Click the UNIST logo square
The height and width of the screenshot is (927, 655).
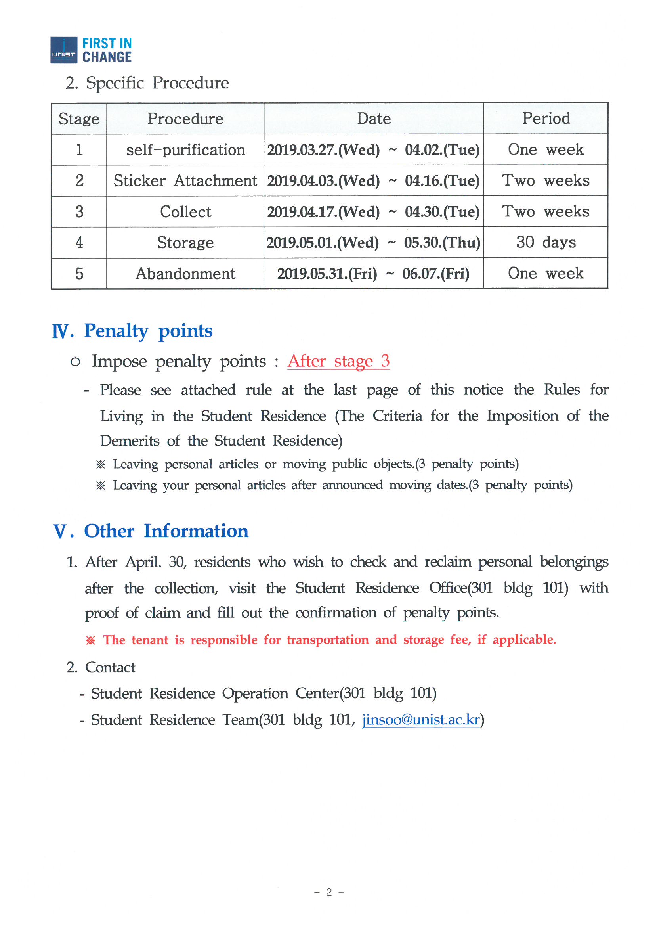pyautogui.click(x=64, y=50)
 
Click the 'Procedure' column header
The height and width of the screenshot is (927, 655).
pyautogui.click(x=185, y=119)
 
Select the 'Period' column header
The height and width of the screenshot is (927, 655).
pyautogui.click(x=546, y=118)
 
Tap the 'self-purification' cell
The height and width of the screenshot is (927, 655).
pyautogui.click(x=185, y=150)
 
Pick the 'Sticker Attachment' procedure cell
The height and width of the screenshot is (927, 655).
pyautogui.click(x=185, y=180)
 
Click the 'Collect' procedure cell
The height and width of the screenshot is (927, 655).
pyautogui.click(x=185, y=212)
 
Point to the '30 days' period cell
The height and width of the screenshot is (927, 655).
pyautogui.click(x=546, y=242)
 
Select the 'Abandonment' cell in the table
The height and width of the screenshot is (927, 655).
pyautogui.click(x=185, y=273)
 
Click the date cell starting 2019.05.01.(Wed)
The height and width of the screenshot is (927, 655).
pyautogui.click(x=373, y=243)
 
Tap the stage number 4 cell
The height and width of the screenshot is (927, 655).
pyautogui.click(x=79, y=243)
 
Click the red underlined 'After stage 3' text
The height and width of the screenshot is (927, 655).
pyautogui.click(x=338, y=360)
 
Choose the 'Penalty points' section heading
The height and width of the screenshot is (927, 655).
pyautogui.click(x=148, y=331)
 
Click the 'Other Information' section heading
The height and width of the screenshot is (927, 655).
pyautogui.click(x=166, y=531)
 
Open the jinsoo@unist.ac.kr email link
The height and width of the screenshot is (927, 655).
pyautogui.click(x=420, y=720)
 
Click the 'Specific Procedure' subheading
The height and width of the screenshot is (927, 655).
pyautogui.click(x=157, y=83)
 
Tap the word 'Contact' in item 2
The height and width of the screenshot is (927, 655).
pyautogui.click(x=110, y=667)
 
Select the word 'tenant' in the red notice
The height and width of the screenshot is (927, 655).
pyautogui.click(x=149, y=640)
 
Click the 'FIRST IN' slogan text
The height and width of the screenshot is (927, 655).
pyautogui.click(x=107, y=43)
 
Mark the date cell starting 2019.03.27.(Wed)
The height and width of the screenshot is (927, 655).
pyautogui.click(x=373, y=150)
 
